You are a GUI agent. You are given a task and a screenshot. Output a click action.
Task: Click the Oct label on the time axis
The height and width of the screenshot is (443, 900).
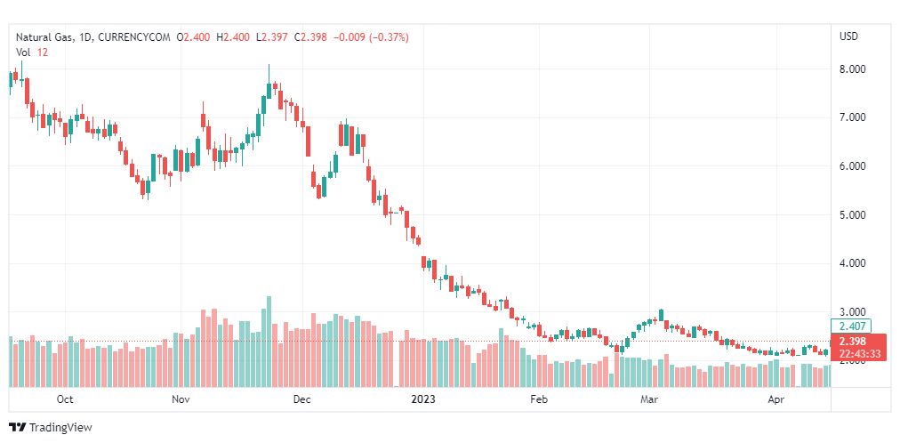point(64,400)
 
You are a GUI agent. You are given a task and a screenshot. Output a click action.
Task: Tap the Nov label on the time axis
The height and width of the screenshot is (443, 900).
point(181,400)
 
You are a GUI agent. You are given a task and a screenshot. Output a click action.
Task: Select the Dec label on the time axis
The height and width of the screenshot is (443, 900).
point(301,400)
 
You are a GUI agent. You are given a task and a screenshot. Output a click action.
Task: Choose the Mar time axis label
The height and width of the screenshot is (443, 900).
point(650,400)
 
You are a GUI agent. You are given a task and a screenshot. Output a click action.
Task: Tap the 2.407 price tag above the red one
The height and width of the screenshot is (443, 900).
point(853,326)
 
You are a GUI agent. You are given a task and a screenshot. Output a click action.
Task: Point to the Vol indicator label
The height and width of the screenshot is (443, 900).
point(23,52)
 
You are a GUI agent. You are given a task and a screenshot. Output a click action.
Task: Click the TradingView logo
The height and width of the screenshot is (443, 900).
point(51,428)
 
